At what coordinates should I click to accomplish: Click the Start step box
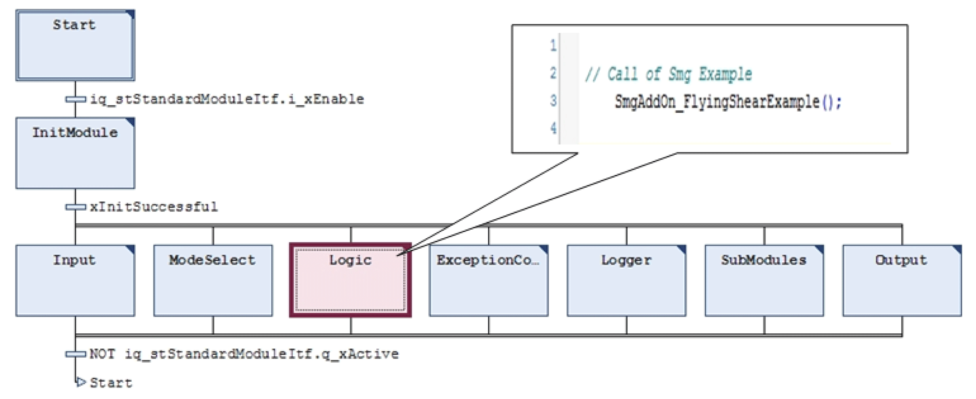[x=75, y=46]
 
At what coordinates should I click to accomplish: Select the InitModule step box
[x=75, y=153]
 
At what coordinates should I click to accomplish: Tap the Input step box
[x=75, y=281]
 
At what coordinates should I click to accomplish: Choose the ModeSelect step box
[x=213, y=281]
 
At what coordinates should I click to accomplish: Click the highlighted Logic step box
[x=351, y=281]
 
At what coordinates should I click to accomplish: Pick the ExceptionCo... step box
[x=488, y=281]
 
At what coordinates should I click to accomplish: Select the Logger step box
[x=626, y=281]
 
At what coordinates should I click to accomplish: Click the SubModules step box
[x=764, y=281]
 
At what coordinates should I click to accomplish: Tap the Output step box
[x=902, y=281]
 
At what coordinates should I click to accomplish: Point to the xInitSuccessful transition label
[x=154, y=207]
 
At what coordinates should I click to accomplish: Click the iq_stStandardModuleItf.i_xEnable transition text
[x=227, y=99]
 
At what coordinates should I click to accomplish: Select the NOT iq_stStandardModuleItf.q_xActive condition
[x=244, y=354]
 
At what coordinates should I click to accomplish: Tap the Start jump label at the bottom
[x=111, y=383]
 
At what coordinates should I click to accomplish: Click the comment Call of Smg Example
[x=668, y=74]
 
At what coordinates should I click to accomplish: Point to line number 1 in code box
[x=553, y=46]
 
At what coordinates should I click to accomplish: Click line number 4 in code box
[x=553, y=128]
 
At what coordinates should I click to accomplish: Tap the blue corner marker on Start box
[x=130, y=15]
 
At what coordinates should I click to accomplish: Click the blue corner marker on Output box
[x=957, y=249]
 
